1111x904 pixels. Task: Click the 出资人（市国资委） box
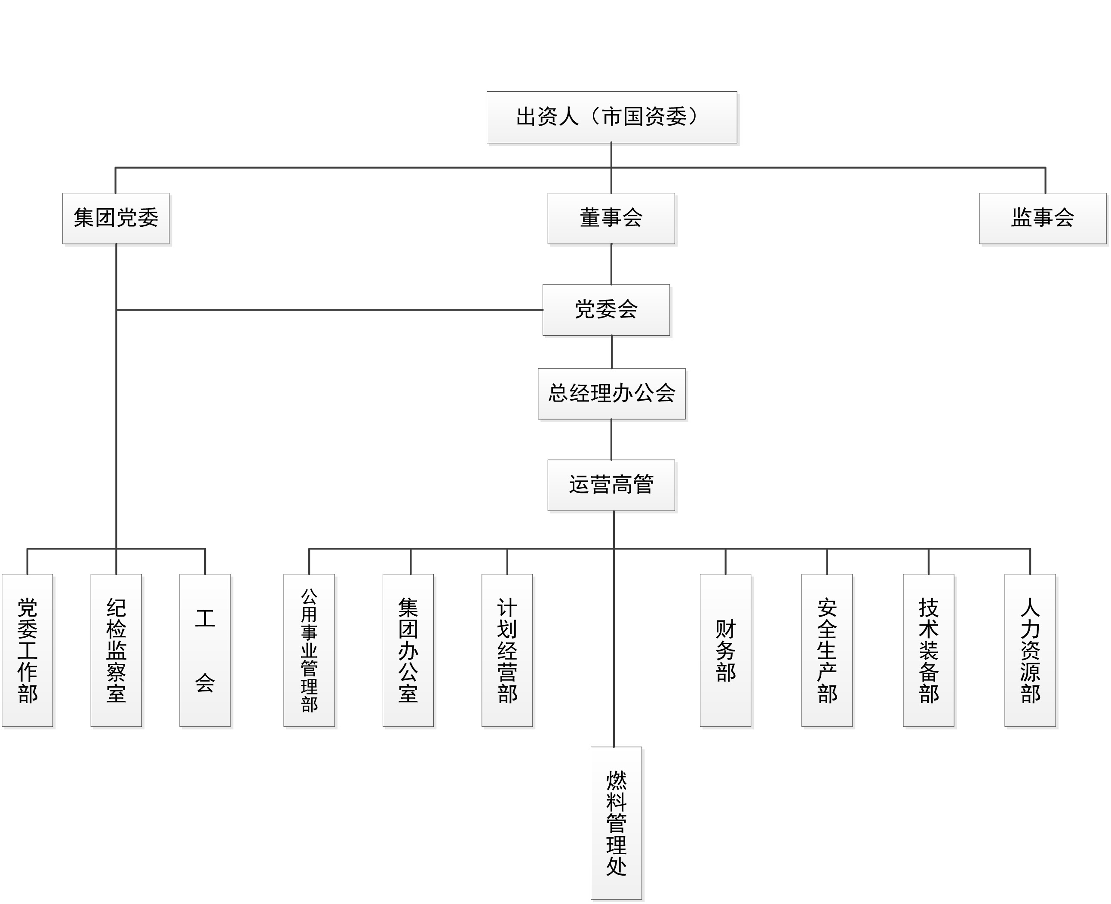tap(611, 117)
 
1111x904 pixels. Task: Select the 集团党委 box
tap(116, 218)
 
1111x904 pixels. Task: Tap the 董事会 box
tap(611, 218)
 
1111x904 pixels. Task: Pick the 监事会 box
tap(1042, 218)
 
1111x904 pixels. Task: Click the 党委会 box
tap(606, 310)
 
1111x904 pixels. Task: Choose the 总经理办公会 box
tap(611, 394)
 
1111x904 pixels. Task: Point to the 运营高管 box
tap(611, 485)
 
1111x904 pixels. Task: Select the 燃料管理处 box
tap(616, 823)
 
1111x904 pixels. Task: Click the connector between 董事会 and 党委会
tap(611, 264)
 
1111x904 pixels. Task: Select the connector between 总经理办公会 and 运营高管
tap(611, 439)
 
